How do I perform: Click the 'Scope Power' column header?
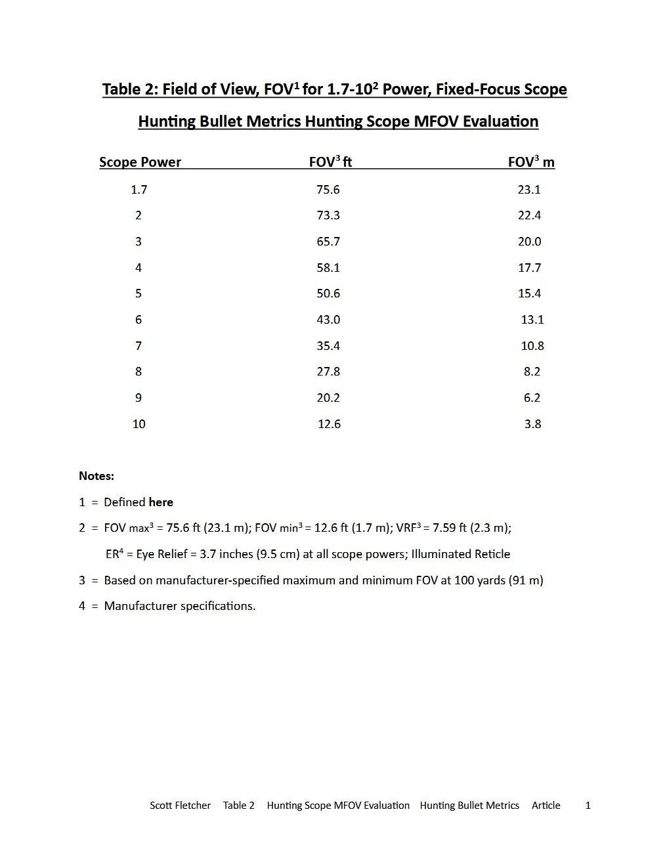point(140,162)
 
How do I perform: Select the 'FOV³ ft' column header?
point(330,162)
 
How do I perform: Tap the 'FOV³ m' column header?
point(530,162)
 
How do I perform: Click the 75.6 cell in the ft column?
point(328,190)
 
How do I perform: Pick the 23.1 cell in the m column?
point(529,190)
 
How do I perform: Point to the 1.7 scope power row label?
point(139,190)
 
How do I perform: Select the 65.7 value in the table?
point(328,242)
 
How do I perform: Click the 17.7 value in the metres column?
point(529,268)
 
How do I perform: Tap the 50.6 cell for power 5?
point(328,293)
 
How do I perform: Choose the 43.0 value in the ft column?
point(328,320)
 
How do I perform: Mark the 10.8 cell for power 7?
point(532,346)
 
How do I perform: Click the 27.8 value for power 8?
point(328,372)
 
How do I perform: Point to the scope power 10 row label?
point(139,424)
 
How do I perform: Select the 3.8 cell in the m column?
point(532,424)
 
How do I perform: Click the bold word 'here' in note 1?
point(161,502)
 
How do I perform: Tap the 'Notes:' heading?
point(97,476)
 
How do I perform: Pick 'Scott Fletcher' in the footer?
point(180,806)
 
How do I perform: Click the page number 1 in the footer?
point(588,806)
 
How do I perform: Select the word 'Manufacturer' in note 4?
point(140,606)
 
